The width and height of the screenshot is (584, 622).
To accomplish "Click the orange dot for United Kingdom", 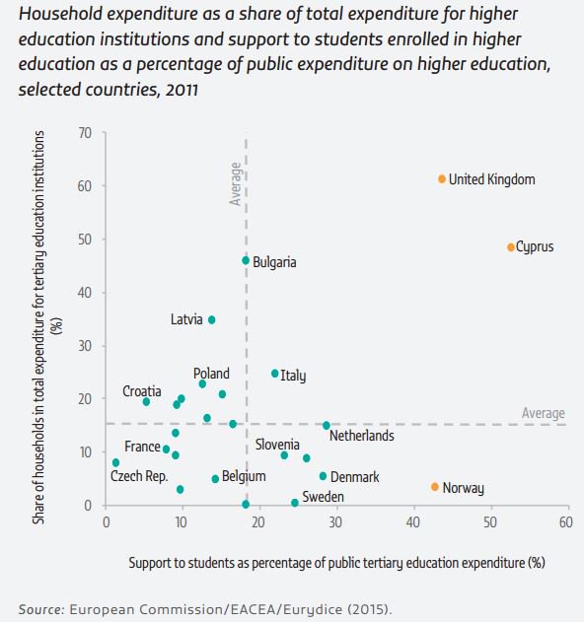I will pyautogui.click(x=442, y=178).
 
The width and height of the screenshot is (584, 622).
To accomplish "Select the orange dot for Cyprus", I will pyautogui.click(x=511, y=246).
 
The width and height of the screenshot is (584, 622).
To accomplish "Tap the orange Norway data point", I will pyautogui.click(x=434, y=486).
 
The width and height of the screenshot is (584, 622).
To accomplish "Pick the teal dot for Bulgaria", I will pyautogui.click(x=246, y=260).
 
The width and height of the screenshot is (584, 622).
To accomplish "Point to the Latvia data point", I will pyautogui.click(x=211, y=319).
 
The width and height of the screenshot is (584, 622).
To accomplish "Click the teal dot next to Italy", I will pyautogui.click(x=275, y=374).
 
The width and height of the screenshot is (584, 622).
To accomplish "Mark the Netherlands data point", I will pyautogui.click(x=327, y=425).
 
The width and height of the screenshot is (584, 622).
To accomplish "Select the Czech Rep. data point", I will pyautogui.click(x=115, y=462).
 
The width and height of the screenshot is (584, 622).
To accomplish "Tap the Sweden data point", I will pyautogui.click(x=295, y=503).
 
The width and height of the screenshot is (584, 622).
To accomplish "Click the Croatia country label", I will pyautogui.click(x=142, y=391).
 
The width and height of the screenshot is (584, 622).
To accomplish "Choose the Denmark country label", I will pyautogui.click(x=355, y=477).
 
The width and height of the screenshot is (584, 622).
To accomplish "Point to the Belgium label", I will pyautogui.click(x=244, y=476).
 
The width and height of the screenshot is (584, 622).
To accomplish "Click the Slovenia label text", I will pyautogui.click(x=277, y=445).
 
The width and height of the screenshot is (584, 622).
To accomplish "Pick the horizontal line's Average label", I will pyautogui.click(x=543, y=413).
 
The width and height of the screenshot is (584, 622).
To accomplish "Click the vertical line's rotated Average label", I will pyautogui.click(x=235, y=184).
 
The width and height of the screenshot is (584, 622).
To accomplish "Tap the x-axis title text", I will pyautogui.click(x=336, y=563).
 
